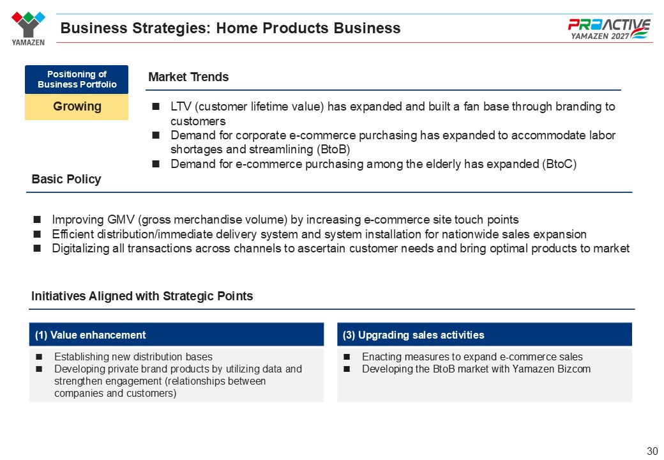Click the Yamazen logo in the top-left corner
pos(28,28)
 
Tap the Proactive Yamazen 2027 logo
pos(609,29)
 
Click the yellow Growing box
pos(77,107)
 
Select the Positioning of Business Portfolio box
pos(77,79)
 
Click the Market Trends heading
pos(188,77)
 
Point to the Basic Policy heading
pos(66,179)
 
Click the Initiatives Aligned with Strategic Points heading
pos(142,296)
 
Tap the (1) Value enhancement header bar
pos(177,335)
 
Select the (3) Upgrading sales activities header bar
pos(485,335)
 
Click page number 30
pos(652,451)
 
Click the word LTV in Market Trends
pos(181,106)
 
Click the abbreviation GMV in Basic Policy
pos(121,219)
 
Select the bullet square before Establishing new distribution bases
pos(39,356)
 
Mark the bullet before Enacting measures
pos(347,356)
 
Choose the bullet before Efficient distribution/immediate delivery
pos(37,234)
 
